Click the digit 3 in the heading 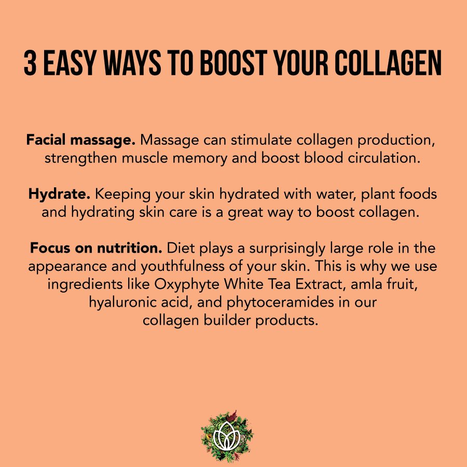pos(31,64)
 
